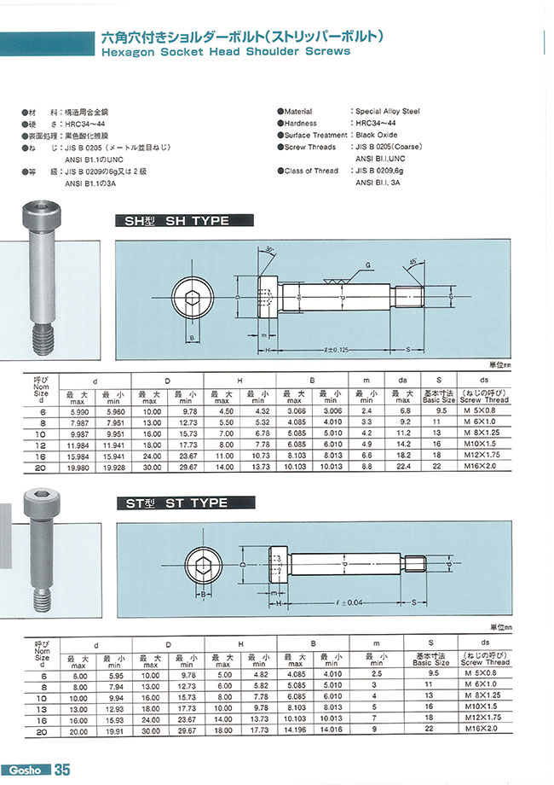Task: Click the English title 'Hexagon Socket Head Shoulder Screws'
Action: click(x=225, y=51)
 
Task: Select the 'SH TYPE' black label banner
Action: click(x=184, y=221)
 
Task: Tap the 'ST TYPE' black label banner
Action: click(x=184, y=504)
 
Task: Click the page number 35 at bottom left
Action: click(x=62, y=770)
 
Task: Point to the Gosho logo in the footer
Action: click(x=25, y=770)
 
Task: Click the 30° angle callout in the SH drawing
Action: click(x=269, y=249)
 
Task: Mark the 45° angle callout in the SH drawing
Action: click(x=413, y=260)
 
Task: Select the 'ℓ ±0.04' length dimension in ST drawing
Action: click(x=349, y=602)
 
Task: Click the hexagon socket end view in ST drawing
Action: click(x=205, y=564)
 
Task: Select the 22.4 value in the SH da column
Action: click(x=404, y=468)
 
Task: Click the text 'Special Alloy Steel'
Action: click(x=387, y=112)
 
